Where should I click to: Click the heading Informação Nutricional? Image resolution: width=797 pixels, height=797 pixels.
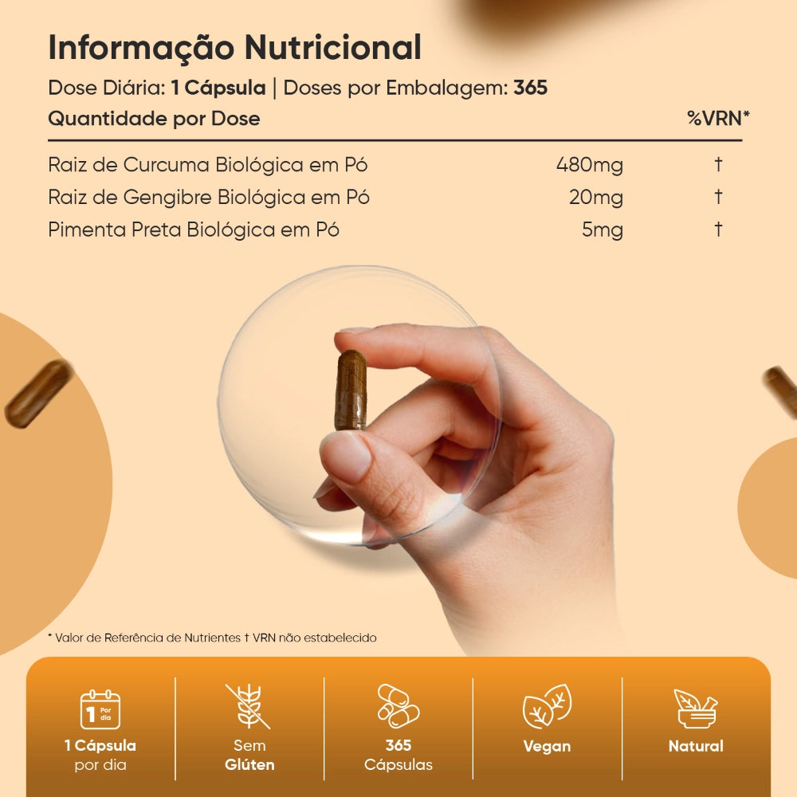pyautogui.click(x=234, y=48)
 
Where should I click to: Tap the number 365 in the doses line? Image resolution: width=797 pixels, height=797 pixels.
pyautogui.click(x=530, y=88)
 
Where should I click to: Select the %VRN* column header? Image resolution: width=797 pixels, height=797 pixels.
pyautogui.click(x=718, y=119)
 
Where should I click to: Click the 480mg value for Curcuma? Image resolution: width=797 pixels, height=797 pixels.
pyautogui.click(x=589, y=166)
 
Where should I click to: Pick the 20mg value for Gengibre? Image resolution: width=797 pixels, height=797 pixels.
pyautogui.click(x=595, y=198)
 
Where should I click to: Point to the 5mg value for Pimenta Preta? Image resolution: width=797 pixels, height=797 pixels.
pyautogui.click(x=602, y=230)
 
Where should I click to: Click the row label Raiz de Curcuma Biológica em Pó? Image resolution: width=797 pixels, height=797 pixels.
pyautogui.click(x=207, y=166)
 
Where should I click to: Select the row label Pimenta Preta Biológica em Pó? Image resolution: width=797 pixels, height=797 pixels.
pyautogui.click(x=194, y=230)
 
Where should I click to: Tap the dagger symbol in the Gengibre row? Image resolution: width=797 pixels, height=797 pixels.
pyautogui.click(x=718, y=197)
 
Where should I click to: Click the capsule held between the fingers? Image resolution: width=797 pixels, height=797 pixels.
pyautogui.click(x=350, y=391)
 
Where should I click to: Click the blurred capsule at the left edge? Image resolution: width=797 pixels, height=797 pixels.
pyautogui.click(x=38, y=393)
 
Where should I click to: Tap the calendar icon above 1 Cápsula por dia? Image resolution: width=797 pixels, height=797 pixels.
pyautogui.click(x=100, y=709)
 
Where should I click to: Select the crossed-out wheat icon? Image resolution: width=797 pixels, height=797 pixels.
pyautogui.click(x=249, y=705)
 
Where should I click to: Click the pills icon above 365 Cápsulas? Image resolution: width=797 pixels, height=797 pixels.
pyautogui.click(x=398, y=705)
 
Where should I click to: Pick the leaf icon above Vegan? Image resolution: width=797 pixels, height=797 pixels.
pyautogui.click(x=547, y=706)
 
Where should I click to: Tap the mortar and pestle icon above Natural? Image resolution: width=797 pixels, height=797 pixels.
pyautogui.click(x=695, y=708)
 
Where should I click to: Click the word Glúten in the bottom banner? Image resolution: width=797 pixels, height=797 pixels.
pyautogui.click(x=249, y=765)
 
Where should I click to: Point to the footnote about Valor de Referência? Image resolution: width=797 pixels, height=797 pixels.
pyautogui.click(x=212, y=638)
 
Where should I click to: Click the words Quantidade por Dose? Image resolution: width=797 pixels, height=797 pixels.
pyautogui.click(x=154, y=119)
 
